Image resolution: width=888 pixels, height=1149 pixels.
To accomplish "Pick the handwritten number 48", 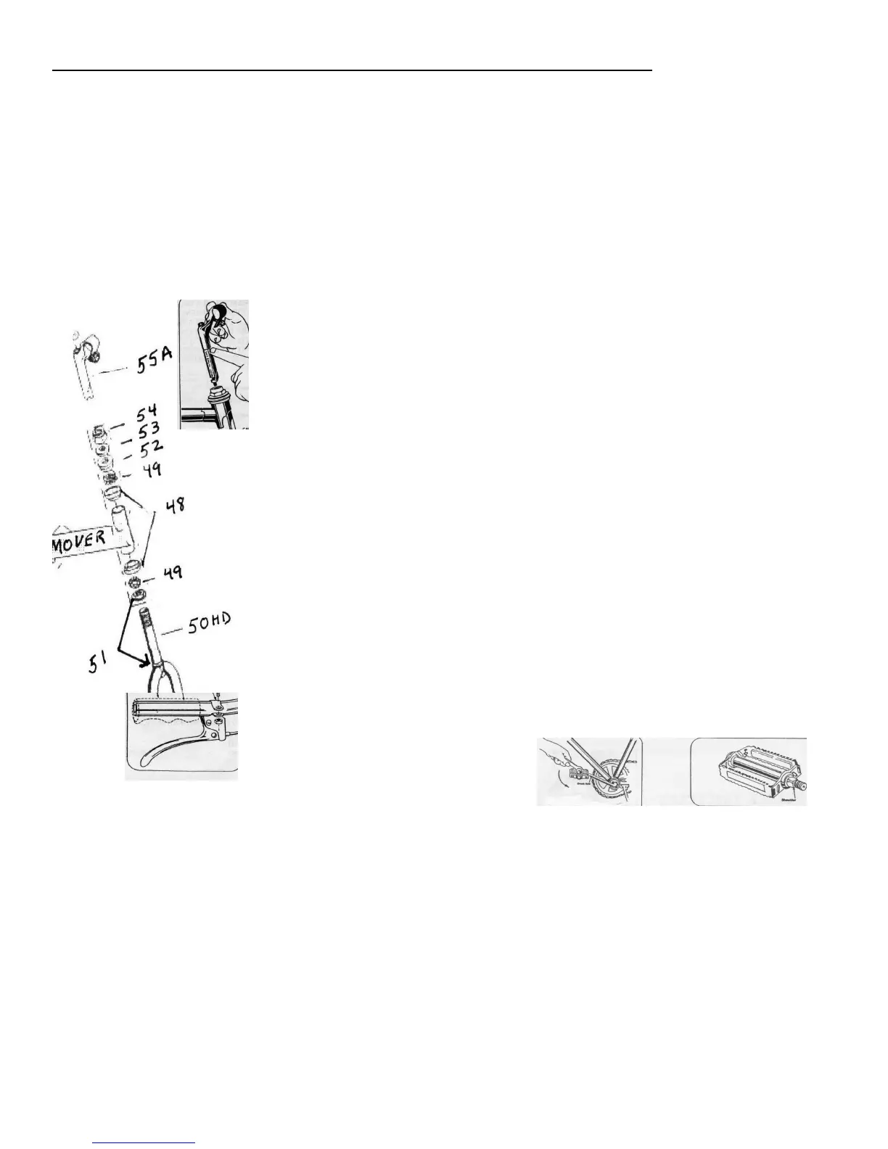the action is pyautogui.click(x=173, y=503).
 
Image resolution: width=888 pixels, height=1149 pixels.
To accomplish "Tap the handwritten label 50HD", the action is pyautogui.click(x=210, y=623).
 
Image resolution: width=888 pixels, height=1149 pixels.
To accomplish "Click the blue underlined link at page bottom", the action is pyautogui.click(x=144, y=1142).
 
